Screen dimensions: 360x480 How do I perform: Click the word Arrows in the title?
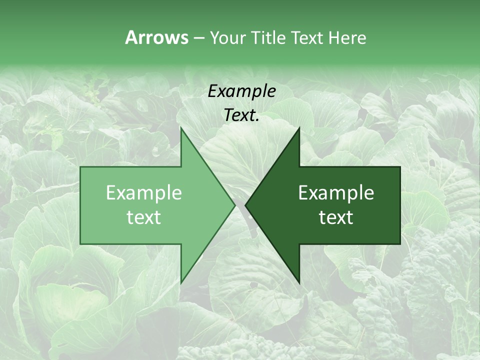tap(156, 37)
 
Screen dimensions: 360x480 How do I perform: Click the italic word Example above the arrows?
tap(241, 91)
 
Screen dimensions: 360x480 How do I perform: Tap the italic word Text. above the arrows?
tap(241, 115)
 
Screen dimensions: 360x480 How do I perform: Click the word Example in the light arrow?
tap(144, 193)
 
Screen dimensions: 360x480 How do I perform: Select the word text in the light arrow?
tap(144, 217)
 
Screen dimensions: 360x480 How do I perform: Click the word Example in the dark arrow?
tap(336, 193)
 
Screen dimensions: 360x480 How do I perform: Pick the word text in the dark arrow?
tap(336, 217)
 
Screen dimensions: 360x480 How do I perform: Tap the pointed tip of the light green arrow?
tap(235, 205)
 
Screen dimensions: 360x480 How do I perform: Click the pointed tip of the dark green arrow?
tap(245, 205)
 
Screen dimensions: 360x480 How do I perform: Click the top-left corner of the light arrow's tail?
tap(80, 166)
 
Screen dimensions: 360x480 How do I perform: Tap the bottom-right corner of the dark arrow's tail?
tap(400, 244)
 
